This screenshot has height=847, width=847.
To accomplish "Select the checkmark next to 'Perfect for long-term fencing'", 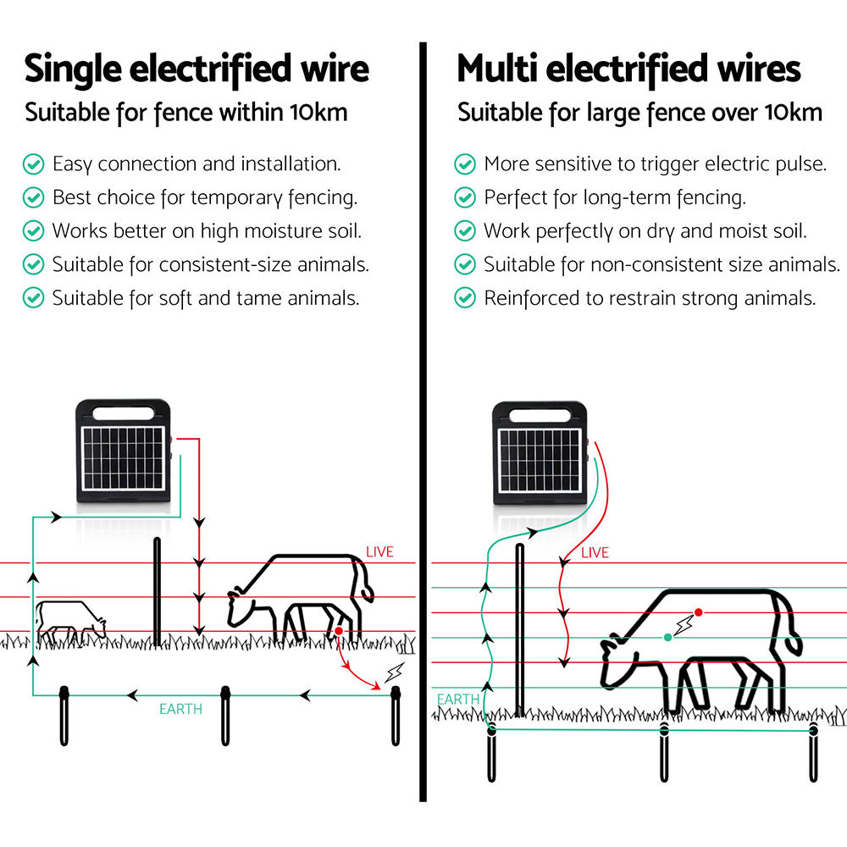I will click(x=465, y=197).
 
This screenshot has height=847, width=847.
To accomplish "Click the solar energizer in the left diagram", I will click(x=124, y=456).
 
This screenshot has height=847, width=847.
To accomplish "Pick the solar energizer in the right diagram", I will click(x=540, y=455).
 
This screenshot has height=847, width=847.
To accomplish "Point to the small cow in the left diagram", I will click(x=70, y=621).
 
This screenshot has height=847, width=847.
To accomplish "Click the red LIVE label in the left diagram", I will click(x=379, y=552).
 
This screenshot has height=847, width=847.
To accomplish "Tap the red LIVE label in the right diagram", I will click(x=595, y=553).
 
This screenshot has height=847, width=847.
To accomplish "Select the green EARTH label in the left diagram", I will click(x=180, y=709).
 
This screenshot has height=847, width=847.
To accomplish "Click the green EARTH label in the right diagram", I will click(x=457, y=700).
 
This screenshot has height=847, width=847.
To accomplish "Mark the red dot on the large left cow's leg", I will click(x=338, y=631).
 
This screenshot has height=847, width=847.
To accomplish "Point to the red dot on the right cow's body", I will click(x=698, y=612).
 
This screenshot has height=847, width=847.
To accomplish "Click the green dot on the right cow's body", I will click(x=668, y=637).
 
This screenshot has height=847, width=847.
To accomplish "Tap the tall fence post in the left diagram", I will click(x=157, y=591).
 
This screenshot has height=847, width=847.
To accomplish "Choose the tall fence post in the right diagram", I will click(x=519, y=631).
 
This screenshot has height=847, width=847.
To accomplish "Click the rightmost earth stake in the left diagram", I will click(x=395, y=716).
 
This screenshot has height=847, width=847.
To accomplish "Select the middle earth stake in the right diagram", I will click(x=664, y=750).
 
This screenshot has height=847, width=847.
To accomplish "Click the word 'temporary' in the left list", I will click(x=236, y=198).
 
